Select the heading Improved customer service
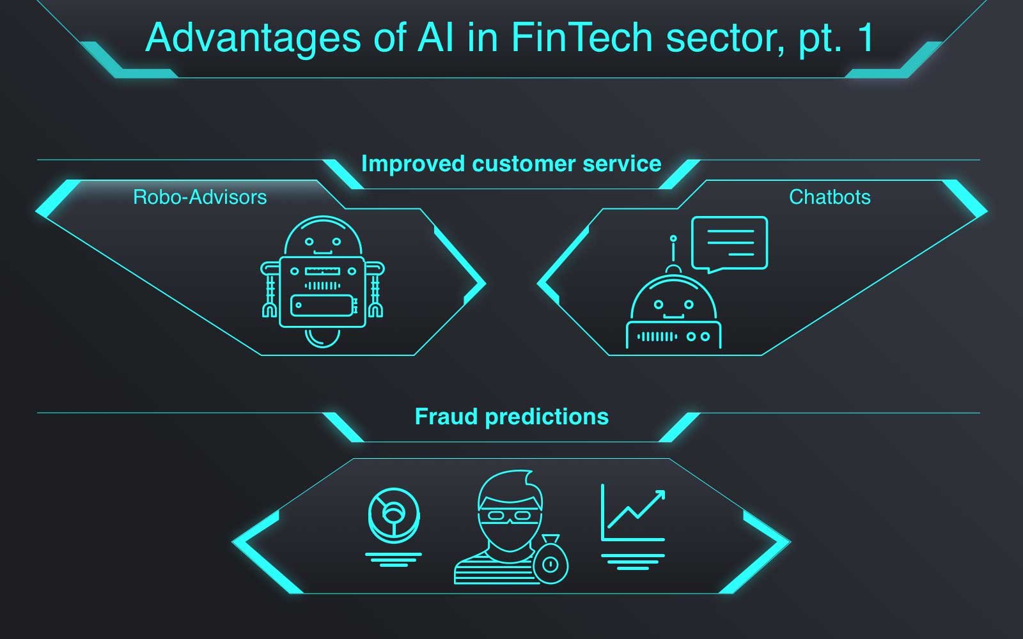(511, 164)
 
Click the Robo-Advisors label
(199, 197)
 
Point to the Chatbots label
(829, 197)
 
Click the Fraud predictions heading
(511, 417)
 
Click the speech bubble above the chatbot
(730, 243)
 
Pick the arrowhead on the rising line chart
(659, 497)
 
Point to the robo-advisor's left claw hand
(269, 309)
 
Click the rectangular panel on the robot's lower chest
(322, 305)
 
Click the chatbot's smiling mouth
(673, 315)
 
